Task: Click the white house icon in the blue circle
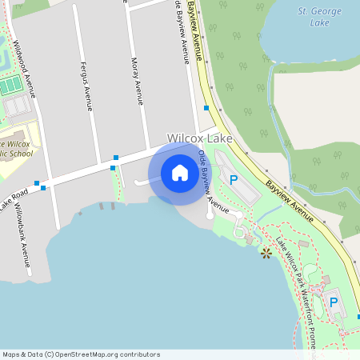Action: coord(180,173)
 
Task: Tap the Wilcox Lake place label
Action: coord(199,138)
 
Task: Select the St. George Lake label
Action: coord(319,16)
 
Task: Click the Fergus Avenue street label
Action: coord(84,85)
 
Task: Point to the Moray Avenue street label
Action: coord(137,81)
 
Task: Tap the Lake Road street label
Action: coord(14,199)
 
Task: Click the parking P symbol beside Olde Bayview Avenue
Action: coord(234,180)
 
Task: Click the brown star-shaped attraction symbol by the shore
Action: coord(266,253)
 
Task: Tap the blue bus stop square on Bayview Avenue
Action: coord(206,108)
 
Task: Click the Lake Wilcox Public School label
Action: coord(24,148)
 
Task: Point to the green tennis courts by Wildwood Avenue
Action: coord(11,85)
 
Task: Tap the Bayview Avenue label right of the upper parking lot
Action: coord(290,195)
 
